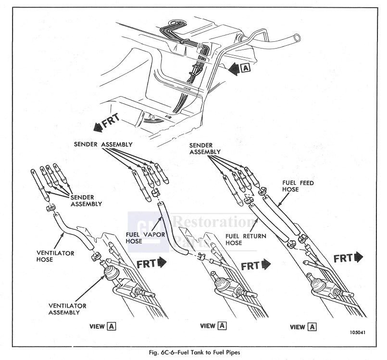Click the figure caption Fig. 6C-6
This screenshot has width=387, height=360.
point(194,352)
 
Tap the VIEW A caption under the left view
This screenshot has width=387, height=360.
point(102,326)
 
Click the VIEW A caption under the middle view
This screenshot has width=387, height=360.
point(213,326)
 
